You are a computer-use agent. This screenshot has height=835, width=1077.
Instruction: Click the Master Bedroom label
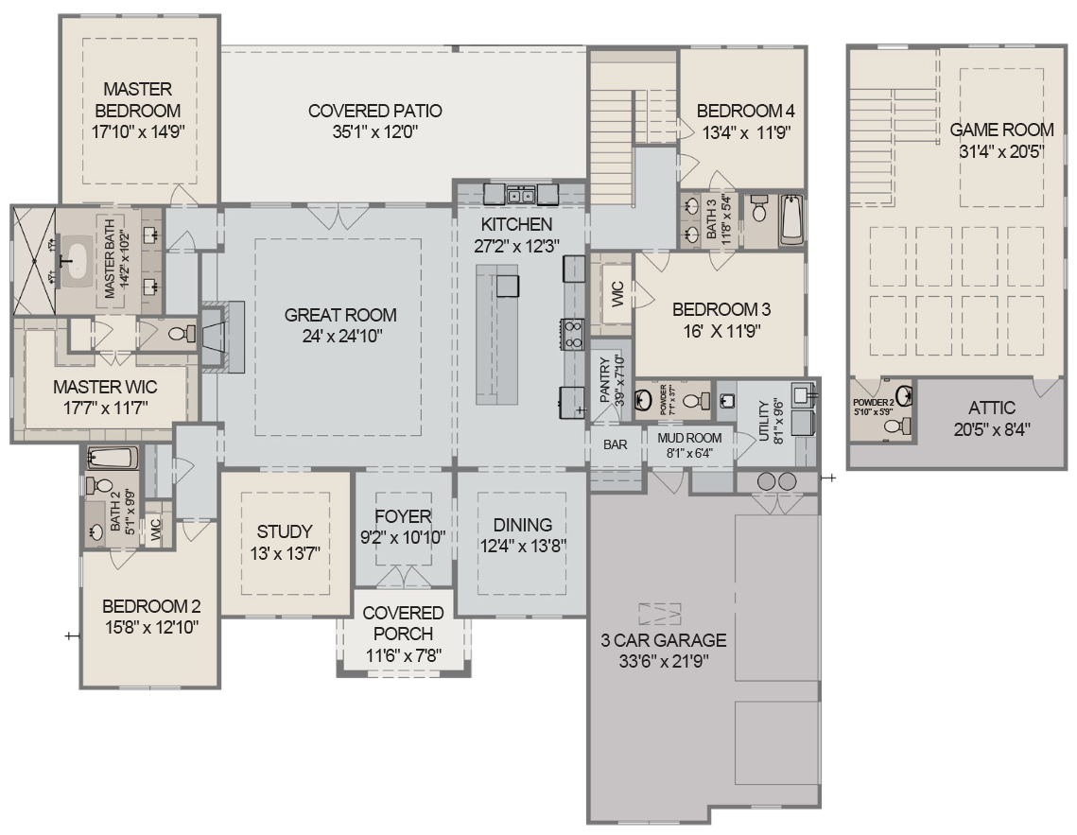(138, 100)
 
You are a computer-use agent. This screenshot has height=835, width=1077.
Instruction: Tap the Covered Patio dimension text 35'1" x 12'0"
(374, 132)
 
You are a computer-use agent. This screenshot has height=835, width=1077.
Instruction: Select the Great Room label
(340, 315)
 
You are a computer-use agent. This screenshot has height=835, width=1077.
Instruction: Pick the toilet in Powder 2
(892, 427)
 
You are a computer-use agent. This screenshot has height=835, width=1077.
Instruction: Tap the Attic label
(991, 409)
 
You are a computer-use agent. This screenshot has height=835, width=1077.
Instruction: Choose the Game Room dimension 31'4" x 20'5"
(1001, 150)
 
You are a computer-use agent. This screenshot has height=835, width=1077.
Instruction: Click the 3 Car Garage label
(664, 640)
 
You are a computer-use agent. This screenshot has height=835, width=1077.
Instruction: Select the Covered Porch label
(403, 623)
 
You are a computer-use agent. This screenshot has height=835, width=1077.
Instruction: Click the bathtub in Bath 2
(113, 460)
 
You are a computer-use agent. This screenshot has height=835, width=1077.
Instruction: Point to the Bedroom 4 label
(743, 111)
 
